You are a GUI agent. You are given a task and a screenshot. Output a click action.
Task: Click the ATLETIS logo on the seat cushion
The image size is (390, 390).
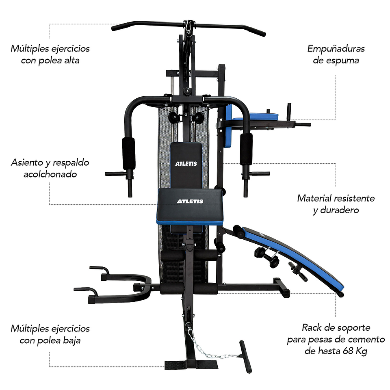click(190, 201)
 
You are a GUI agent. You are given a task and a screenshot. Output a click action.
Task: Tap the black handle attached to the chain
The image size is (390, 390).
click(245, 356)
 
